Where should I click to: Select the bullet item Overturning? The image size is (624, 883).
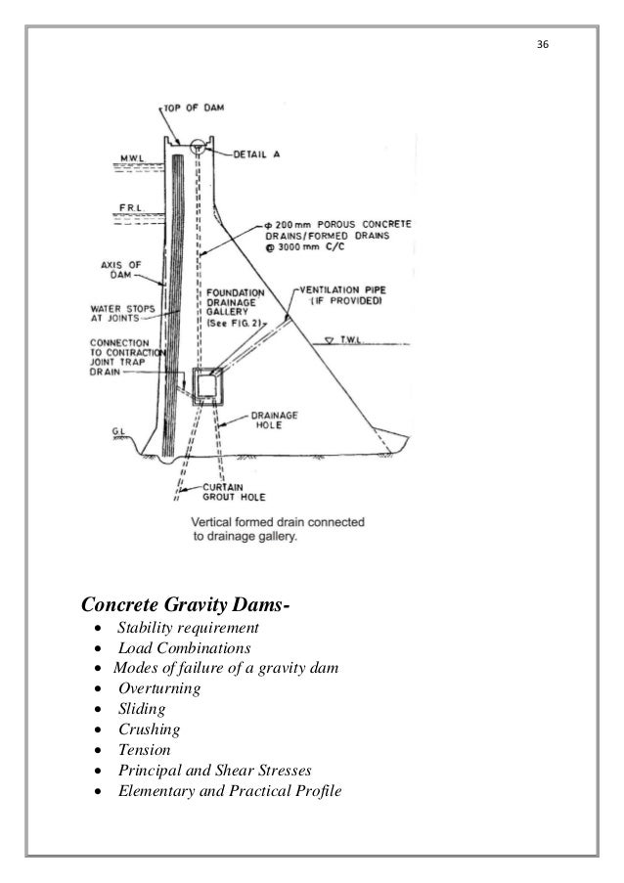tap(158, 688)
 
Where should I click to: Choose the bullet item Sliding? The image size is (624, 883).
tap(142, 709)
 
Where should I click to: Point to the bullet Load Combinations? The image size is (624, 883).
tap(184, 647)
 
